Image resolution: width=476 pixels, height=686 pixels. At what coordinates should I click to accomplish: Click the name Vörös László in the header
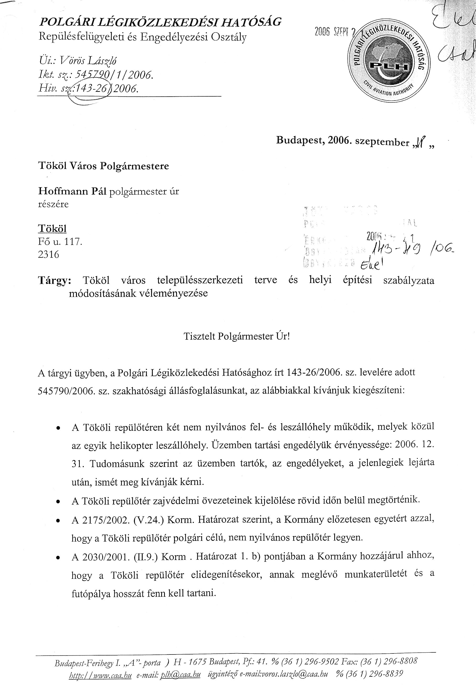tap(88, 61)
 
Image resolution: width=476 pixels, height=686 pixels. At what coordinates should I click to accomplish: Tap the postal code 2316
tap(49, 254)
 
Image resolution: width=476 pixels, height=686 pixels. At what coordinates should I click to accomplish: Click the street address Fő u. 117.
tap(60, 241)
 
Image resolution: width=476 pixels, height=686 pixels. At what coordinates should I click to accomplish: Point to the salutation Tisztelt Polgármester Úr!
tap(237, 337)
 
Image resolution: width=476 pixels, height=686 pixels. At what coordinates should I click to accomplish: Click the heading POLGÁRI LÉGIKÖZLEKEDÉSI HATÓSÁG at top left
tap(160, 22)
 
